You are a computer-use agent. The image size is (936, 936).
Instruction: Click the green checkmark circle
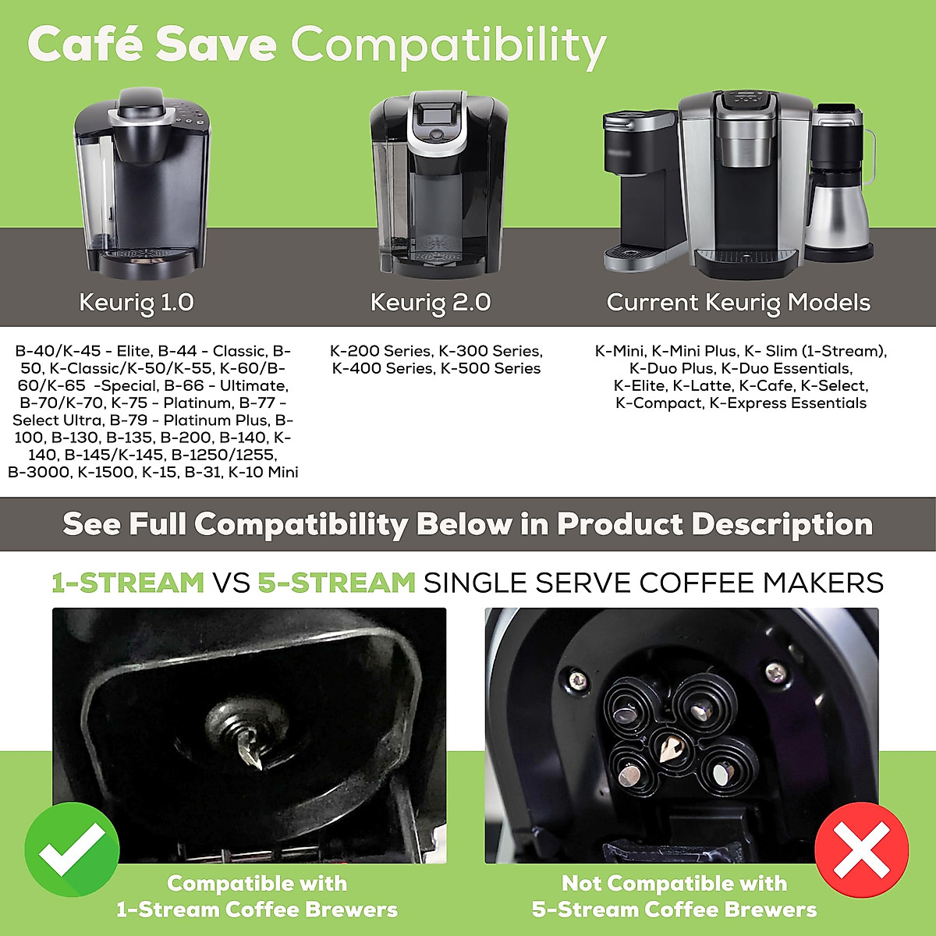72,849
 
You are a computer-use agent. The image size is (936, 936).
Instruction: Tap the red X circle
861,849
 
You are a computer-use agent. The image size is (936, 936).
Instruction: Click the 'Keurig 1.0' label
136,303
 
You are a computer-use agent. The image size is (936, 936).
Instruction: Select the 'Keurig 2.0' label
431,303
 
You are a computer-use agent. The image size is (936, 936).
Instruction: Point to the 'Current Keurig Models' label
738,303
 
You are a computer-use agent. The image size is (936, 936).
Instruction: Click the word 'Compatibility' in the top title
448,45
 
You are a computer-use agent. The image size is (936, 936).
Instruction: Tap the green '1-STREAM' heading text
128,583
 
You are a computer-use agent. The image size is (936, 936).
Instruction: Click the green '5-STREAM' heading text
336,583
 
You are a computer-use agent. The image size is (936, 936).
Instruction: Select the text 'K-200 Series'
380,351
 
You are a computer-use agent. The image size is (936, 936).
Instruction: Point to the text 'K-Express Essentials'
788,402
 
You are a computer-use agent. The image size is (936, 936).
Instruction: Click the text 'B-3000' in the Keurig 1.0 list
38,472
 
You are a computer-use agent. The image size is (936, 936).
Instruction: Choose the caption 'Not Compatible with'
674,883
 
